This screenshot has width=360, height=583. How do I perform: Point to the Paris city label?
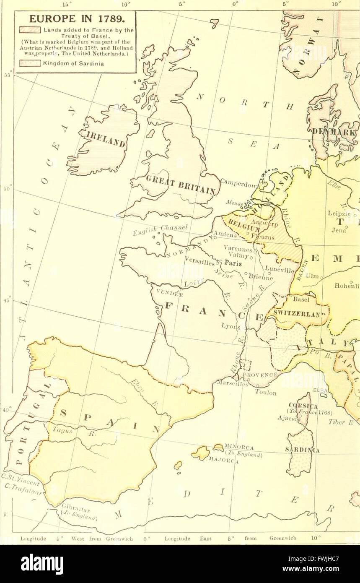[233, 263]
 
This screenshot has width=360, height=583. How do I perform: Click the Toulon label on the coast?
[267, 393]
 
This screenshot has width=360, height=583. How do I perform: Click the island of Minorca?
[218, 448]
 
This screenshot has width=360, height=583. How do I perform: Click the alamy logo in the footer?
[42, 564]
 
